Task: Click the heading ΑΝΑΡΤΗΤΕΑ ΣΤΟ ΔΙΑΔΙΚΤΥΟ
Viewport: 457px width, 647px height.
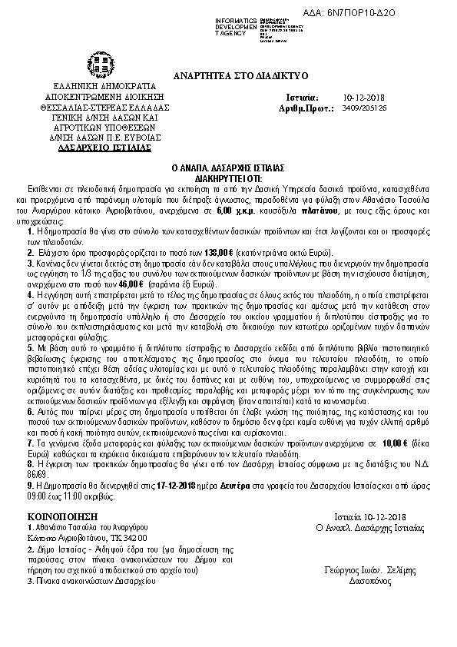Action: (x=240, y=75)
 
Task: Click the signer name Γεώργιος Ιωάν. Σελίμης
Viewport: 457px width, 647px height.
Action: (x=370, y=569)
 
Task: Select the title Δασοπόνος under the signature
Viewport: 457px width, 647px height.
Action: (x=370, y=580)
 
